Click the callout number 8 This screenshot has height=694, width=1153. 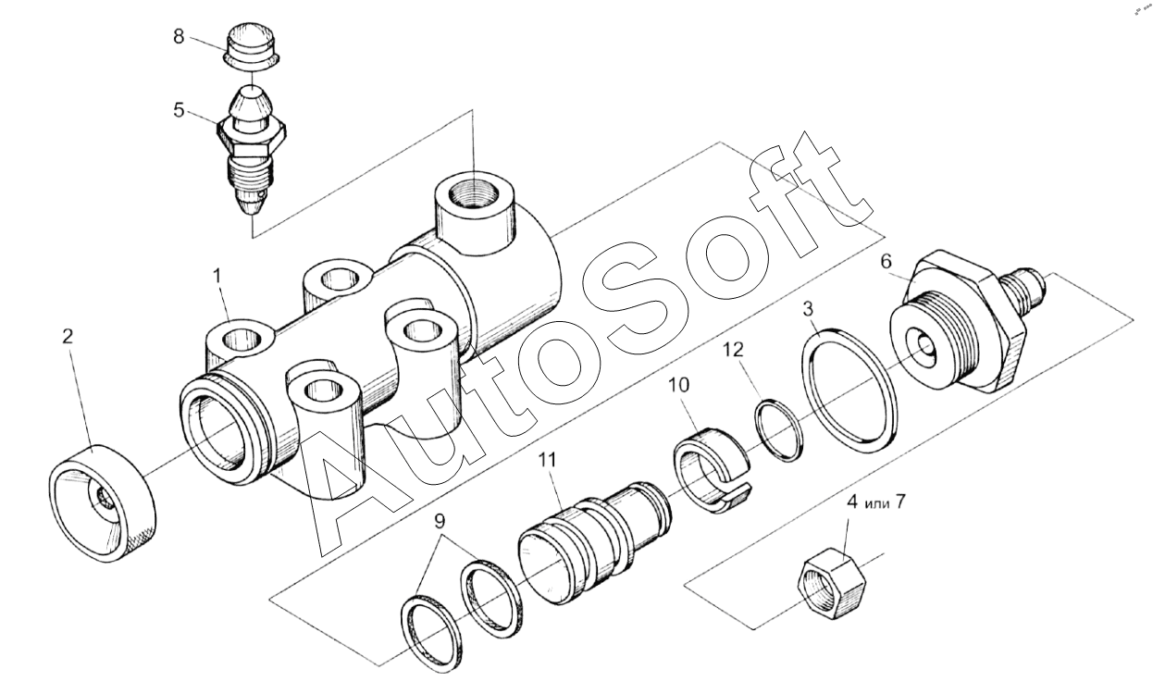179,37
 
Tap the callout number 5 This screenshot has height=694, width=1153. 179,110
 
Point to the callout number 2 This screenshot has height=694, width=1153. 68,337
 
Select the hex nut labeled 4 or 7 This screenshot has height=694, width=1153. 830,583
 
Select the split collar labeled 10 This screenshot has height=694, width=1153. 713,466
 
